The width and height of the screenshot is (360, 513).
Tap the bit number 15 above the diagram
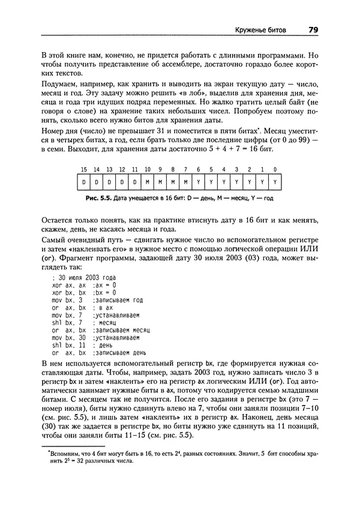[84, 170]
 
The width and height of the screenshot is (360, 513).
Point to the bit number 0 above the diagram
[274, 170]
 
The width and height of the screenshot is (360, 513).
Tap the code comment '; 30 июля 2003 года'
[84, 277]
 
